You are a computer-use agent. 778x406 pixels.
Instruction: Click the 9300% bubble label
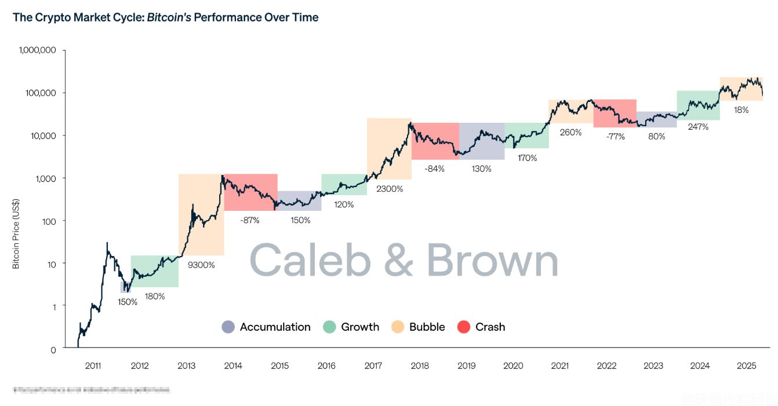point(201,265)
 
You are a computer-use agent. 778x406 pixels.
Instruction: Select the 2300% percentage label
point(390,188)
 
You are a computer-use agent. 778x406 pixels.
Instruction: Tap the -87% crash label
point(250,220)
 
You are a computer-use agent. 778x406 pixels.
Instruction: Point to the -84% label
point(435,169)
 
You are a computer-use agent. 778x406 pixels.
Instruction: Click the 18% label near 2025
point(741,110)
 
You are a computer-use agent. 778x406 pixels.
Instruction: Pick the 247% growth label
point(698,127)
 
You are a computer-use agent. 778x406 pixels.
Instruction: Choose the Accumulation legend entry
point(275,327)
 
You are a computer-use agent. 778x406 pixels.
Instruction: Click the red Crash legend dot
point(464,327)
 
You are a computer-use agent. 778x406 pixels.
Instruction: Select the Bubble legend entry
point(427,327)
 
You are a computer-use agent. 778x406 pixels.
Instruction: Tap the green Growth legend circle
point(329,327)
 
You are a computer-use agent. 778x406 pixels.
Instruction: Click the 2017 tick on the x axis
point(373,366)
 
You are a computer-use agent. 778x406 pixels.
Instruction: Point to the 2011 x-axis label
point(93,366)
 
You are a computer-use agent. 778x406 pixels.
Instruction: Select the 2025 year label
point(747,366)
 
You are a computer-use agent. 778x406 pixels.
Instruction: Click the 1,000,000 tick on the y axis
point(37,50)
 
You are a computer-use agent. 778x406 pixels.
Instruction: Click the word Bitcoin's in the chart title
point(169,17)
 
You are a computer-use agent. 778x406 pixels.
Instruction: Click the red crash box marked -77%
point(615,113)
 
